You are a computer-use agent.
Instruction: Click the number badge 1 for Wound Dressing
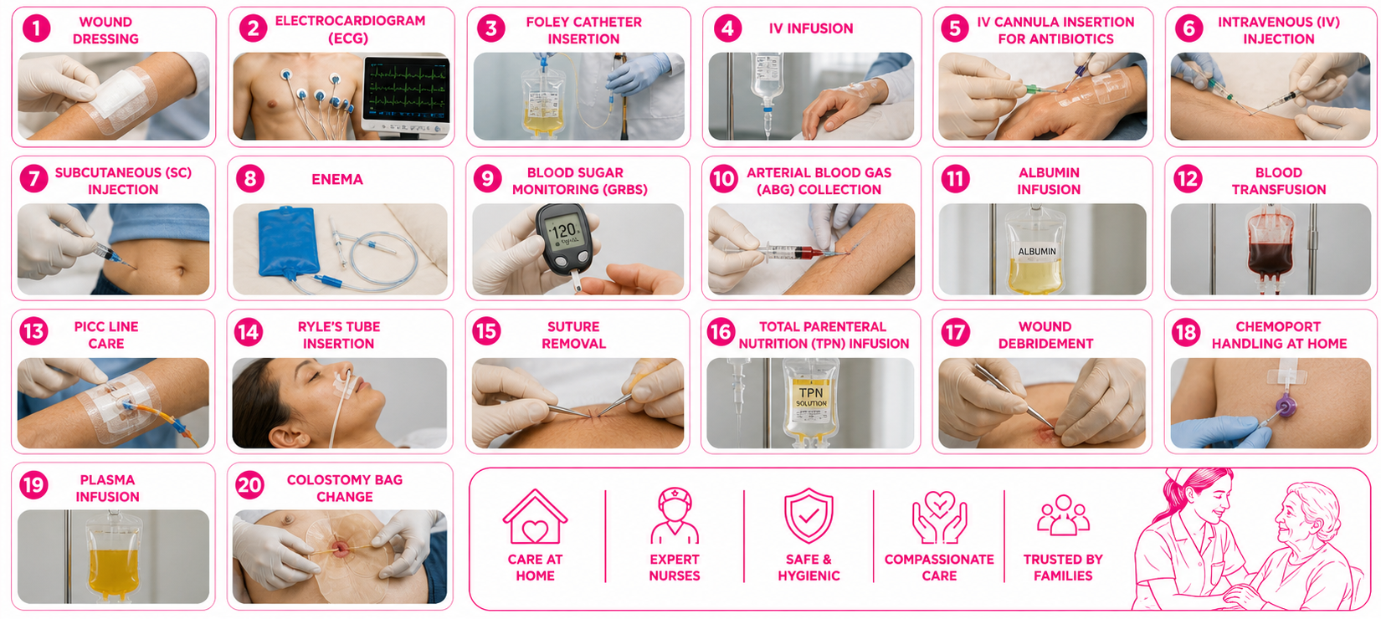tap(36, 28)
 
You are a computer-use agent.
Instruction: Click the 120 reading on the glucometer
tap(563, 232)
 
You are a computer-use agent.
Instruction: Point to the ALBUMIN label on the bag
tap(1037, 251)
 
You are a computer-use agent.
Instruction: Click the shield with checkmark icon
tap(809, 515)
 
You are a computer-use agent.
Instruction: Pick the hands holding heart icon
tap(939, 517)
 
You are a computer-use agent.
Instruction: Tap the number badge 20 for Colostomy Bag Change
tap(249, 485)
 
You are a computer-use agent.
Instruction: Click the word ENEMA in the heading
tap(336, 179)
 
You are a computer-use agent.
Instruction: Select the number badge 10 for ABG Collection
tap(723, 179)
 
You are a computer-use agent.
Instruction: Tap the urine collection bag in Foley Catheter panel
tap(542, 101)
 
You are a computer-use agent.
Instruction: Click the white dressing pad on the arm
tap(120, 95)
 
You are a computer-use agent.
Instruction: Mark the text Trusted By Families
tap(1063, 567)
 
